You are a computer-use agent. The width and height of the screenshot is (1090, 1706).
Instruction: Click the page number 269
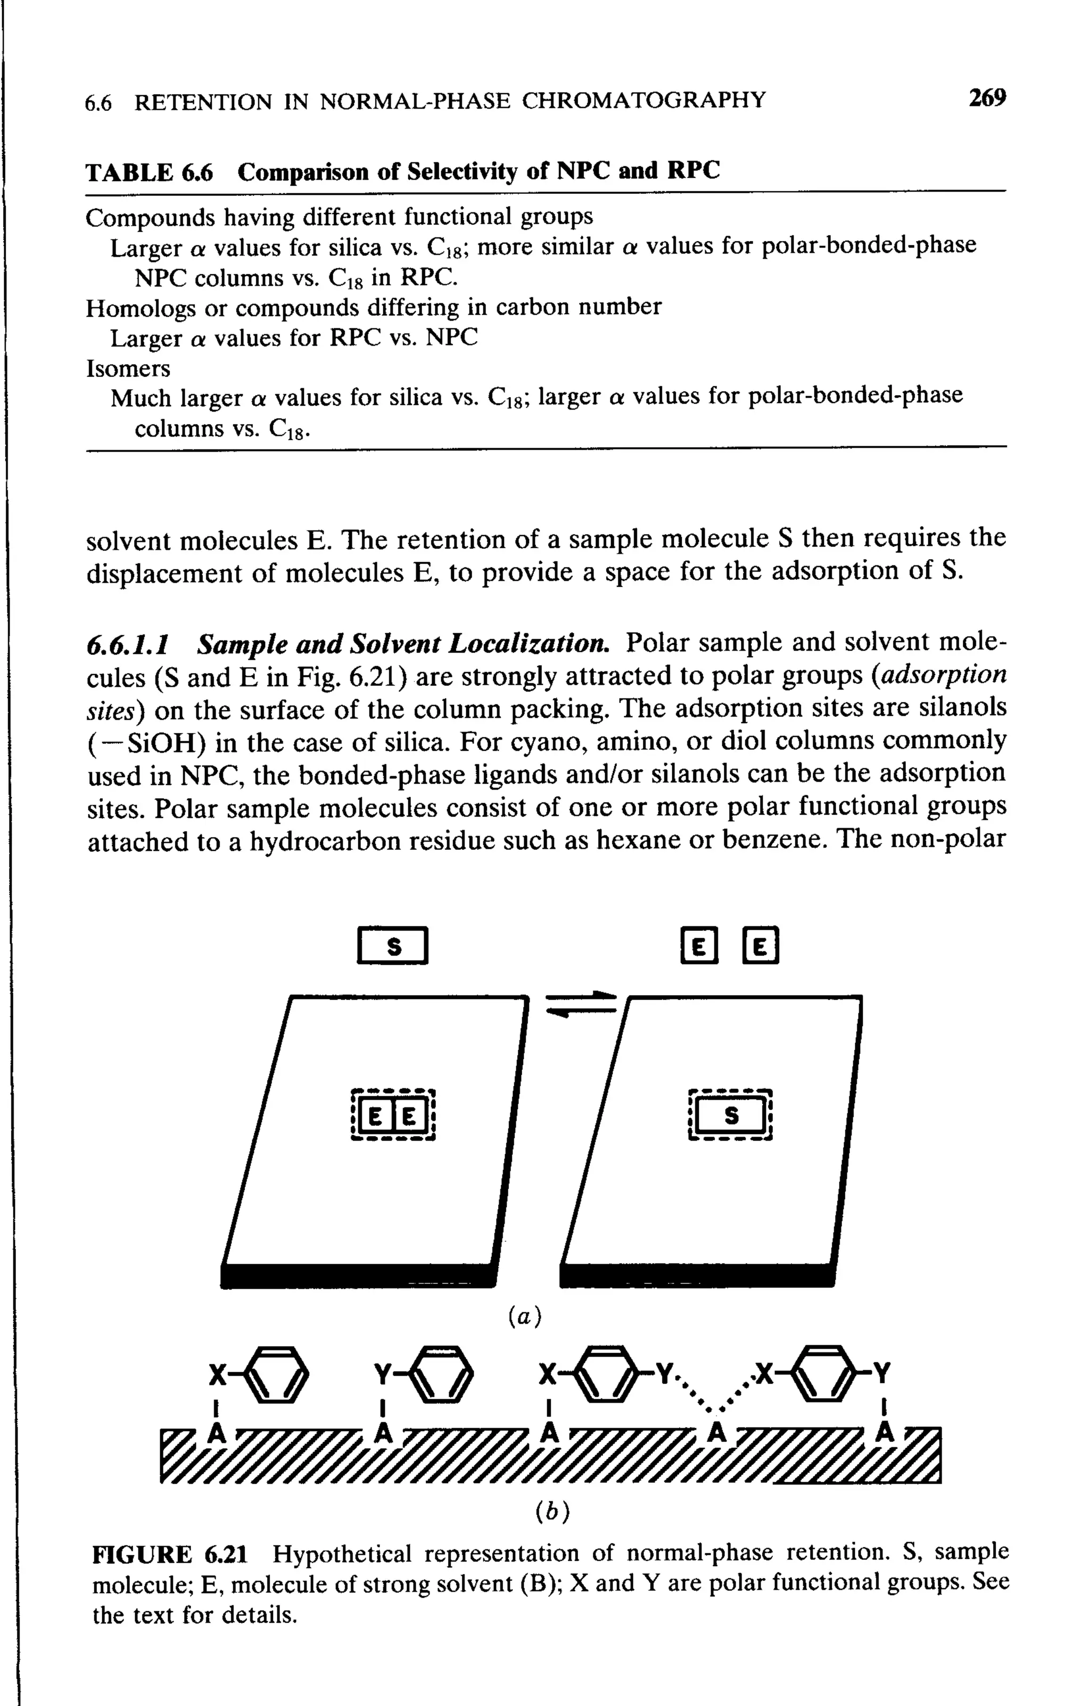[987, 98]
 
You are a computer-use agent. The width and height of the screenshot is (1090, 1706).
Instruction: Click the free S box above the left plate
[393, 947]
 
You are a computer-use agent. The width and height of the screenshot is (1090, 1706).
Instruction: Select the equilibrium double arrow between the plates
[581, 1005]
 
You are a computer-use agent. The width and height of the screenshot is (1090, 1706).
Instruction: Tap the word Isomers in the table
[128, 368]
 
